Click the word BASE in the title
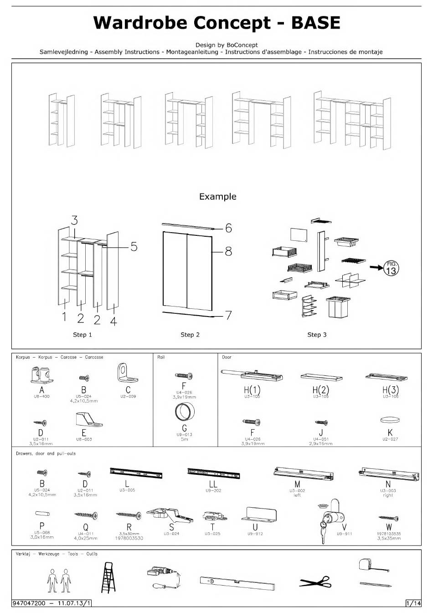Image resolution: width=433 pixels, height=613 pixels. click(x=316, y=23)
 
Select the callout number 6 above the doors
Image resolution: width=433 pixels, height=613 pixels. click(x=228, y=228)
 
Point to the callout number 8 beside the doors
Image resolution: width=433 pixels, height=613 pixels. click(x=228, y=251)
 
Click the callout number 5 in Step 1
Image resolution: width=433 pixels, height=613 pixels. click(x=134, y=247)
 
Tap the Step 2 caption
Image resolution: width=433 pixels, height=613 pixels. click(x=190, y=335)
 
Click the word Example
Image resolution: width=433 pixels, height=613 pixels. click(x=217, y=197)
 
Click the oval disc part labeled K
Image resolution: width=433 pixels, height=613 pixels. click(x=390, y=420)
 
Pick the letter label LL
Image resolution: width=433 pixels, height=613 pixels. click(x=213, y=484)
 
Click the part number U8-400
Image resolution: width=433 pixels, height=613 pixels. click(x=42, y=396)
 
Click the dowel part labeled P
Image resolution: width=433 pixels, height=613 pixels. click(x=42, y=514)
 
